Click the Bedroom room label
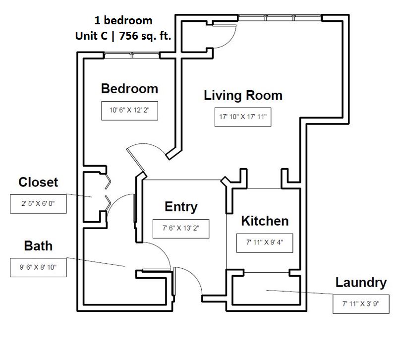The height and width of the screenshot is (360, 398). (129, 89)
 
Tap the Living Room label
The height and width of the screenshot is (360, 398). (243, 95)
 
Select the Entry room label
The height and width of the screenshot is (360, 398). (181, 207)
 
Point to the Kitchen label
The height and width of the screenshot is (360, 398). (265, 221)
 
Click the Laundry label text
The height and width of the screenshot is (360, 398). (361, 283)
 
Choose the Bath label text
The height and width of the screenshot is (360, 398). (38, 246)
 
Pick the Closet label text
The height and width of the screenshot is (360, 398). (38, 182)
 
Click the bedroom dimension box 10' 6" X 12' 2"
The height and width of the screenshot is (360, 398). (129, 111)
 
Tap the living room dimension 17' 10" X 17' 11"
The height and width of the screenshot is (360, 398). (243, 118)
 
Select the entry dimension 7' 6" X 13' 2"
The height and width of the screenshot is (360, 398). (181, 229)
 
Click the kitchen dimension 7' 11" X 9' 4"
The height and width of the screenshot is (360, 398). (265, 243)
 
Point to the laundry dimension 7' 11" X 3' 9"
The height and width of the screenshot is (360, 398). (361, 303)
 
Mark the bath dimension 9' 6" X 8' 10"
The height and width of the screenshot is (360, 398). (38, 267)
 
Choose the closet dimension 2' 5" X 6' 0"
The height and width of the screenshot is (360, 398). (38, 204)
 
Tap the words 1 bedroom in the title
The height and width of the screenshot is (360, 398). (123, 20)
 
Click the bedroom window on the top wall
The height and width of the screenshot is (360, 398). (132, 56)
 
